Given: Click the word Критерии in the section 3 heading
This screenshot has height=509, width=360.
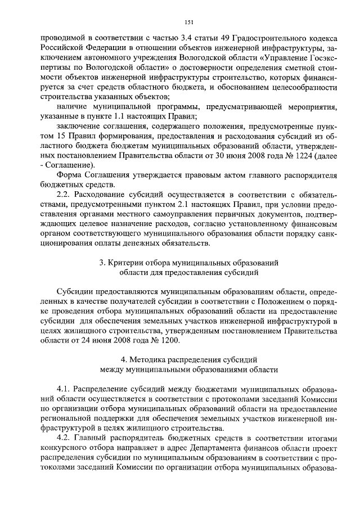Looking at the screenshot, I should [130, 263].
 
